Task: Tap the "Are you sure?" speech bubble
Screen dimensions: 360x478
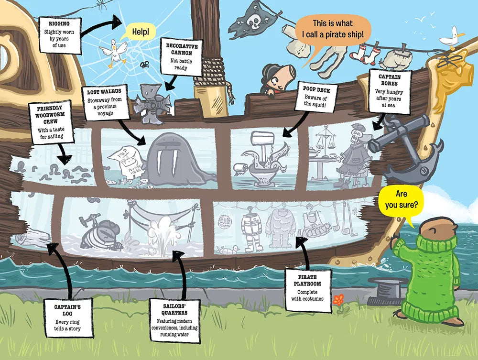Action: pos(401,201)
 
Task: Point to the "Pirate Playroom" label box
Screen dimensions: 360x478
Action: pos(307,288)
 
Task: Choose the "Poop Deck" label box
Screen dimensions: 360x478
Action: pos(314,97)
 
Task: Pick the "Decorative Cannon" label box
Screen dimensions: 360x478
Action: pos(182,57)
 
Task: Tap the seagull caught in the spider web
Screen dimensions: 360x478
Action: pos(113,52)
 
